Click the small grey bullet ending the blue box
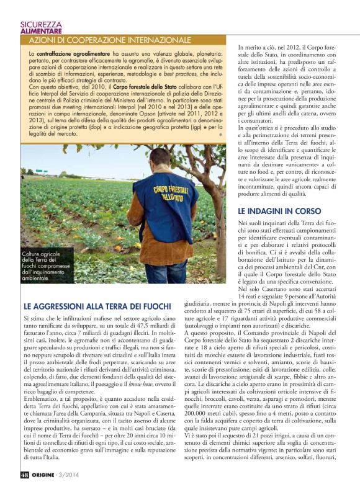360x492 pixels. point(220,134)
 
